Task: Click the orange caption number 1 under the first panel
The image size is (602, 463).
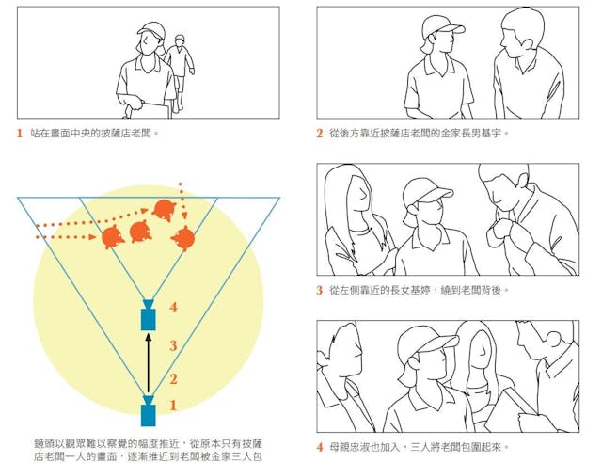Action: [x=20, y=134]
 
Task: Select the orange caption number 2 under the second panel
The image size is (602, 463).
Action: [x=320, y=134]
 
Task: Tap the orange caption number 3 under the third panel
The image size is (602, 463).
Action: [x=320, y=290]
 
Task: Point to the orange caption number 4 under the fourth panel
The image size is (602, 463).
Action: [x=320, y=447]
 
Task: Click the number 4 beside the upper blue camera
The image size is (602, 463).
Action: [x=173, y=308]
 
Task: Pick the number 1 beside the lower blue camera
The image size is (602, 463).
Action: [x=173, y=405]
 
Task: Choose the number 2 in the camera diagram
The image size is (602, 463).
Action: [x=173, y=379]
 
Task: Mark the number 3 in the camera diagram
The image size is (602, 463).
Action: [x=173, y=345]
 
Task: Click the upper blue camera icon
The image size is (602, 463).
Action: [x=149, y=316]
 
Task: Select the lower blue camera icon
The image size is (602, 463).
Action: [x=149, y=411]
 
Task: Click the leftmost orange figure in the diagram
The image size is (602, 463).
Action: [x=114, y=237]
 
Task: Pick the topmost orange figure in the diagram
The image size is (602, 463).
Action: [x=165, y=211]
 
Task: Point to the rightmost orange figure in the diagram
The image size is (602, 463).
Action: [x=183, y=239]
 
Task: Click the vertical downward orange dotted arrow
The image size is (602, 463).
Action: [x=182, y=206]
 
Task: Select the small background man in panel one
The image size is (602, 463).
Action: [x=180, y=72]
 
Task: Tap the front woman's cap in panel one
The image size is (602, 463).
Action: [x=150, y=29]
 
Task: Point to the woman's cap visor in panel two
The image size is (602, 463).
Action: [x=454, y=29]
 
